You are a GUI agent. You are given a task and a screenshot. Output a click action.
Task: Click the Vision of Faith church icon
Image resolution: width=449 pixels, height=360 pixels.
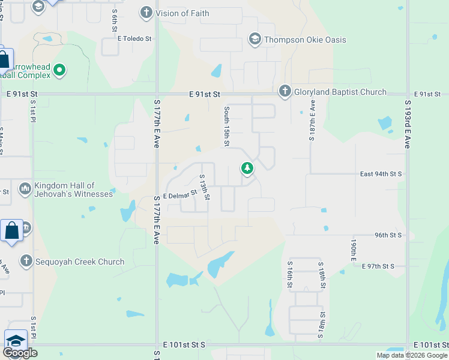146,13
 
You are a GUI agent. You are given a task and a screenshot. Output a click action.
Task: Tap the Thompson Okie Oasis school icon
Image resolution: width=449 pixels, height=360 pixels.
255,40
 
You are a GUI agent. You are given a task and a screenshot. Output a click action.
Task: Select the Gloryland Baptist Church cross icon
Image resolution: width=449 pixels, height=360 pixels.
285,92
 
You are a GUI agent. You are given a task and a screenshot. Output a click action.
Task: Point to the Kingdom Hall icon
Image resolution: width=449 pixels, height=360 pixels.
25,189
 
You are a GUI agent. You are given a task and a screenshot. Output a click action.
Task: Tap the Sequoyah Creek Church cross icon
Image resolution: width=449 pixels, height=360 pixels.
25,261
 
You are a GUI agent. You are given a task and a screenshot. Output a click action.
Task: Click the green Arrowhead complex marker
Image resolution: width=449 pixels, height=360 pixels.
59,70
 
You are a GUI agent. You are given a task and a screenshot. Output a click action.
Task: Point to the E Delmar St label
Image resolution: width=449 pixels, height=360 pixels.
179,195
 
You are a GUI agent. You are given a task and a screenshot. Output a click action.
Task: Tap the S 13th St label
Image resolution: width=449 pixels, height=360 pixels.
204,187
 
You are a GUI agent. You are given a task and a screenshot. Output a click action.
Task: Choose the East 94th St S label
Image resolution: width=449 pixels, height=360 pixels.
381,174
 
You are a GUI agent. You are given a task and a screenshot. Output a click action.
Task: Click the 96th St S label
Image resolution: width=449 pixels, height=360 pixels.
388,235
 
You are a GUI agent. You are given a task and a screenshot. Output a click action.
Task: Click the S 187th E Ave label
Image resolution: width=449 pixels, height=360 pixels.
313,120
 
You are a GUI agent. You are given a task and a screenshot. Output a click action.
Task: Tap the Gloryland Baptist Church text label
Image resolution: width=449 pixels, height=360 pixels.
340,92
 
